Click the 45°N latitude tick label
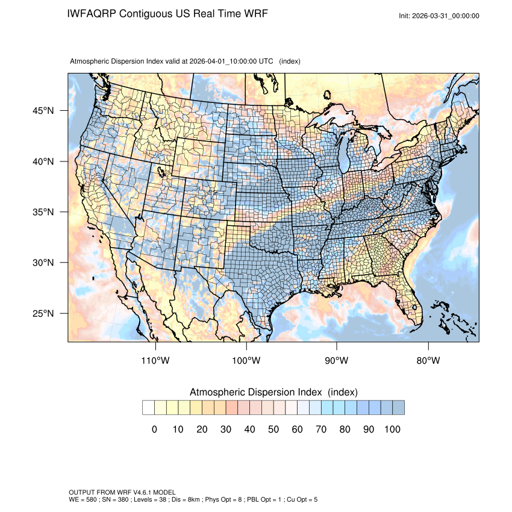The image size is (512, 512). [43, 111]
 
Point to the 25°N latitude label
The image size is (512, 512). [43, 314]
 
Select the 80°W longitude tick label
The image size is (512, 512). [428, 361]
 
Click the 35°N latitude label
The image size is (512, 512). [43, 212]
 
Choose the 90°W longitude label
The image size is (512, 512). [337, 361]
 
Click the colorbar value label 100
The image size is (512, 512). [392, 429]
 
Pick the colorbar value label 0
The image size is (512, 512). [154, 429]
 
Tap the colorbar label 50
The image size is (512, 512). [273, 429]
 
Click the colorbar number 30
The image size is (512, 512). [226, 429]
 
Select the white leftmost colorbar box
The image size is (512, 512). [148, 408]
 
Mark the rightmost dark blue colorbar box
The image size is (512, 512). [398, 408]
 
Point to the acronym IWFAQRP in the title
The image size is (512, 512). [91, 13]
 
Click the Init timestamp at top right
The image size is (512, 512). [439, 16]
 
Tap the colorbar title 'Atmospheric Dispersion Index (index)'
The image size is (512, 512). [273, 392]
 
